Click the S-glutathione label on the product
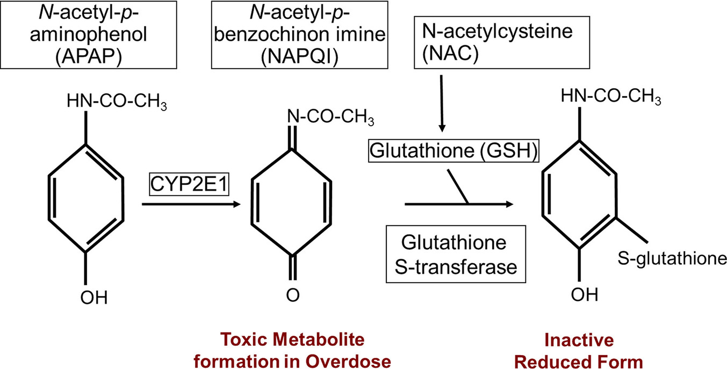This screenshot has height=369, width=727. point(672,259)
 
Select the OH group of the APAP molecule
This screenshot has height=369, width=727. point(94,296)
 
